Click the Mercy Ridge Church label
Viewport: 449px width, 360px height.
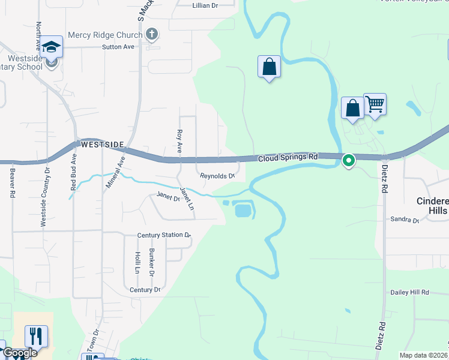104,35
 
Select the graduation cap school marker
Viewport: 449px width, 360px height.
52,47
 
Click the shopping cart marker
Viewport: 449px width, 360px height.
375,104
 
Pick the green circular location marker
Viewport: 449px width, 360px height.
348,160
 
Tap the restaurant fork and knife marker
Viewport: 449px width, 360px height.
37,336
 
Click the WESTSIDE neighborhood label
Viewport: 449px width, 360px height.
102,145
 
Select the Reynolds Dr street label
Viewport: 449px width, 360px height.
217,176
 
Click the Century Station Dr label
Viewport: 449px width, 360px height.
163,235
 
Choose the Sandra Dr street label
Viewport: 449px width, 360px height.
405,220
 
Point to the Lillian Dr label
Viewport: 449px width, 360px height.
205,5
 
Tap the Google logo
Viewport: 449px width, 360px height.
19,353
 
